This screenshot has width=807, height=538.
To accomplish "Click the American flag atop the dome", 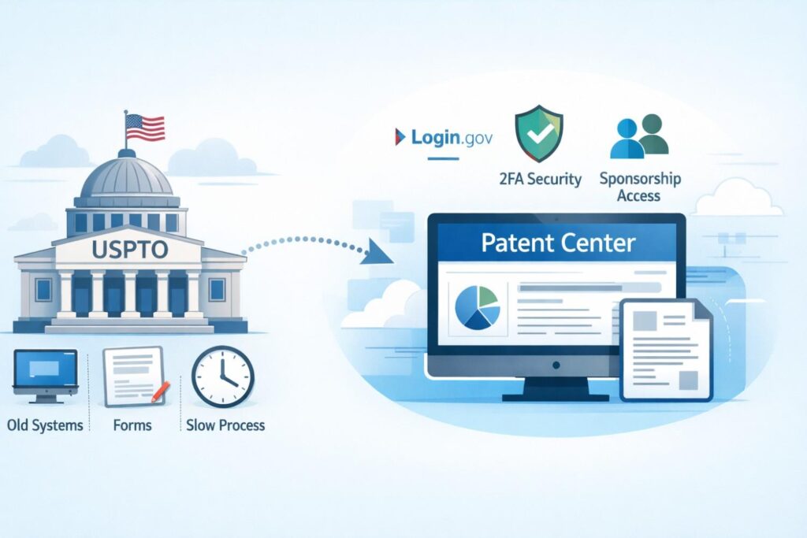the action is tap(145, 128).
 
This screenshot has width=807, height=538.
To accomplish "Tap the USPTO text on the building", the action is tap(130, 250).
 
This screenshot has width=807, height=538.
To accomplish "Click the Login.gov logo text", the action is tap(452, 137).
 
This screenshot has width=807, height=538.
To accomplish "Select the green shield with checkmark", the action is tap(539, 133).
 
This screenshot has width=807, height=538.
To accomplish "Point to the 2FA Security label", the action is tap(541, 179).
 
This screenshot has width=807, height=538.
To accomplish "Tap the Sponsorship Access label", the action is tap(640, 187).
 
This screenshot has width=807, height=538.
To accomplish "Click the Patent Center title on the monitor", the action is tap(559, 243).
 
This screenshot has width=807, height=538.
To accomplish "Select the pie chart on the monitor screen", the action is tap(478, 307).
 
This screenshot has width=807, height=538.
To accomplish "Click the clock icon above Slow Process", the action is tap(223, 377).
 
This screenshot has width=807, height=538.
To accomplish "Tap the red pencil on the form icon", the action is tap(160, 392).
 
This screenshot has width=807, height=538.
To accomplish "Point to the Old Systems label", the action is tap(45, 426).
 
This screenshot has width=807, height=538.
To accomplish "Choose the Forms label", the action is tap(132, 426).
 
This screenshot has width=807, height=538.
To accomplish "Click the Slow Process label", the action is tap(225, 425).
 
